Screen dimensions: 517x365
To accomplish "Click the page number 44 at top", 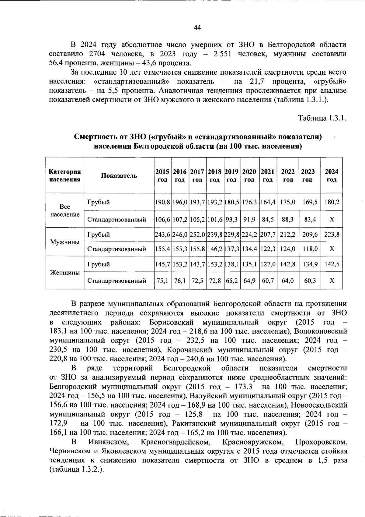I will [x=197, y=28].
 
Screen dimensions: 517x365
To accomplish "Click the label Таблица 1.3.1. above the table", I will [x=322, y=118].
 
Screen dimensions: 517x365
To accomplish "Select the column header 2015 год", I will [x=162, y=175].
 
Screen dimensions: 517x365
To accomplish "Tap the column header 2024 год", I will [x=332, y=175].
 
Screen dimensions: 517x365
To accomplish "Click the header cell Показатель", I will [x=119, y=175].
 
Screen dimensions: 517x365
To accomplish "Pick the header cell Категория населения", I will [x=65, y=175].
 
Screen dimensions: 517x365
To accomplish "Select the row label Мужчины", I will [x=65, y=242].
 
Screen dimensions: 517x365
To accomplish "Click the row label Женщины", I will [x=65, y=272].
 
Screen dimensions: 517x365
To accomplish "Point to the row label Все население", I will [x=65, y=211].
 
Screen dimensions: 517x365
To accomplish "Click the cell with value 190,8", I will [x=162, y=202].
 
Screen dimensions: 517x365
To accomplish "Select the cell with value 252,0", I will [x=197, y=235].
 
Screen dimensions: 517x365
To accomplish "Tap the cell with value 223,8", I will [x=332, y=235].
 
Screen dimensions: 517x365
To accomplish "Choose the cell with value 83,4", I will [x=310, y=219].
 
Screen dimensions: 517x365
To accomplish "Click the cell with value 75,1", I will [x=162, y=281].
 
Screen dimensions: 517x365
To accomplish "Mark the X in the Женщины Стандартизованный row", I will [x=332, y=281].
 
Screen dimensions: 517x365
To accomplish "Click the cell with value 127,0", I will [x=268, y=264].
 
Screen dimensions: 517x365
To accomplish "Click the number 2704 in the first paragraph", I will [x=97, y=54].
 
